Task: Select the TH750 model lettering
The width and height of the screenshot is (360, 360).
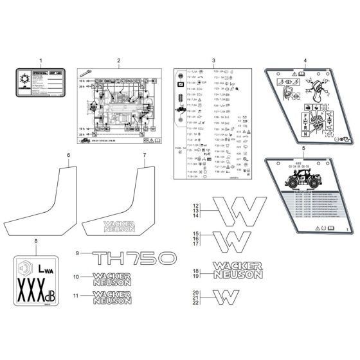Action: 134,258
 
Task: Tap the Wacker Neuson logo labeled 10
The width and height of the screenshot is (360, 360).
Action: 111,278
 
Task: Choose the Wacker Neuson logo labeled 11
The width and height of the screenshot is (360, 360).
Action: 111,297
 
